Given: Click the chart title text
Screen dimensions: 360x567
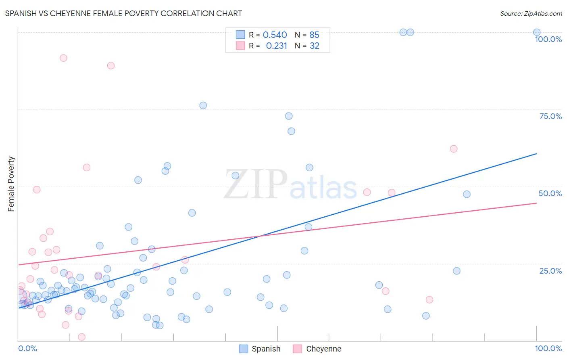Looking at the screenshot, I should point(123,13).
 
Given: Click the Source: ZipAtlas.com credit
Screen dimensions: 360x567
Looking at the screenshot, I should point(531,13).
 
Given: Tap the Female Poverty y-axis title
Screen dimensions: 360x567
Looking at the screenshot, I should point(11,184).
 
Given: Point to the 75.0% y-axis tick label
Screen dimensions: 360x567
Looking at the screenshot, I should point(550,116).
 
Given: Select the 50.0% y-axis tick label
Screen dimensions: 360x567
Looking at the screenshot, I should point(550,193).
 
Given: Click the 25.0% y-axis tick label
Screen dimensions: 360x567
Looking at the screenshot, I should point(550,271).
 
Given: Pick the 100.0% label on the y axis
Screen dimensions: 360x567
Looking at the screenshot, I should point(548,39).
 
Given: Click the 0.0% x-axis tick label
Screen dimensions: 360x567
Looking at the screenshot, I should point(27,348).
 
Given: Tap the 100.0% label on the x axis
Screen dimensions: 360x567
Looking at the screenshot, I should point(548,348).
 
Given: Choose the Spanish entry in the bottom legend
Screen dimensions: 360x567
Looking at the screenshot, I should point(260,349).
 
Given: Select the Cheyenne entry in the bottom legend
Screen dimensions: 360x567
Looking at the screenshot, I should point(317,349).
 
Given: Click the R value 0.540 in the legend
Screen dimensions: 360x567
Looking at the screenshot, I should point(275,35).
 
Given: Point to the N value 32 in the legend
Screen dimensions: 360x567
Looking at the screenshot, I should point(314,46).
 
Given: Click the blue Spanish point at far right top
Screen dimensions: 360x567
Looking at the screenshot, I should point(537,32).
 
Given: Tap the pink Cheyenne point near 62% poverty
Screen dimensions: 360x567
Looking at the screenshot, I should point(453,149).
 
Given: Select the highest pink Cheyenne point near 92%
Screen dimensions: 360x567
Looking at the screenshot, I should point(63,58).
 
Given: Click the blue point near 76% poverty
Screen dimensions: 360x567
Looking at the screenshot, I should point(203,105).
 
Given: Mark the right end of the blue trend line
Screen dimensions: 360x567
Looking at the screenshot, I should point(536,154).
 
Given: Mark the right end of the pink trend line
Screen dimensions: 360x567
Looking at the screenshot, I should point(536,203).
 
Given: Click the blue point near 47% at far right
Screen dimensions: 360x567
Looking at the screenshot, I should point(467,194).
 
